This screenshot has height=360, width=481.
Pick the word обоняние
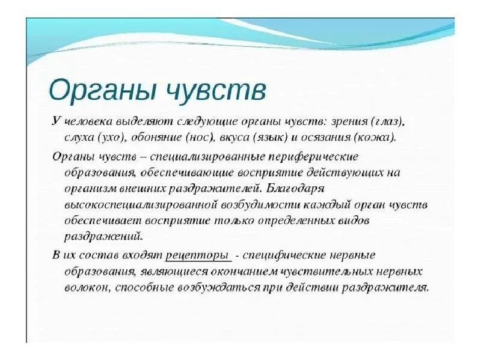(155, 137)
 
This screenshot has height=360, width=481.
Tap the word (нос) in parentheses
(201, 137)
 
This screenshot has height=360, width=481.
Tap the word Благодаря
(297, 188)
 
